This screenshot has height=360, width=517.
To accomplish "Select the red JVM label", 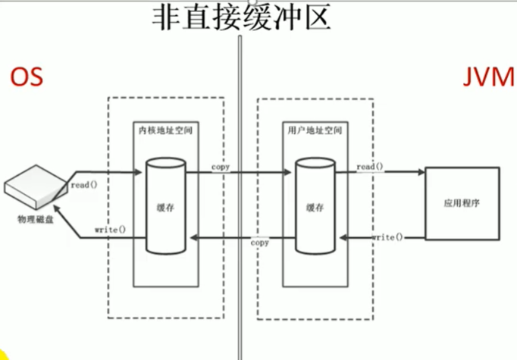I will (487, 79).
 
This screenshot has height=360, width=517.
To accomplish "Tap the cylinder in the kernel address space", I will (166, 205).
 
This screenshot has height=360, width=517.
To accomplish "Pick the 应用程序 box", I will (461, 205).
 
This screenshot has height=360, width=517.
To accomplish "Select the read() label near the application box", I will (369, 166).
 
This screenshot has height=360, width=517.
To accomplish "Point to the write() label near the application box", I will (387, 237).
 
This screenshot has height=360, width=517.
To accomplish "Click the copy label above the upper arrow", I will (221, 166).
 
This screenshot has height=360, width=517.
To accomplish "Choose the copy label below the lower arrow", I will (260, 243).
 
